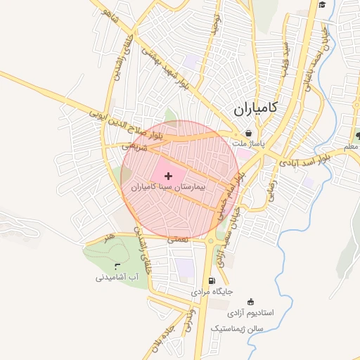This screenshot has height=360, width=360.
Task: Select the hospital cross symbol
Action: point(167,175)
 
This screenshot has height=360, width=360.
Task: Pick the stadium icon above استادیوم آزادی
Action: point(251,302)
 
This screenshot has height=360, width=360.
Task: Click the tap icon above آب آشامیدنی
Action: point(117,266)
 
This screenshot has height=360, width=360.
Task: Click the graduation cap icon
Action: point(322,5)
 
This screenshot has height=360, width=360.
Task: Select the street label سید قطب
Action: point(286,56)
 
